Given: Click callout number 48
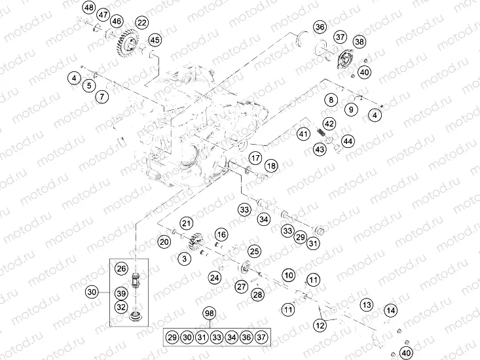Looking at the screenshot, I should pos(89,7).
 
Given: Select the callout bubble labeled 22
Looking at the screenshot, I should pos(141,24).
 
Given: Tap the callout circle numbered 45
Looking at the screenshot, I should pos(155,40).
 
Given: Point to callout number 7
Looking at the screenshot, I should pos(102,97).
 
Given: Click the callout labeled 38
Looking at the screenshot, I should pos(360,42).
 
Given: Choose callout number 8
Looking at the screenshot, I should pos(332,99).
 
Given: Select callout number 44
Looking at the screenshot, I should pos(348,141).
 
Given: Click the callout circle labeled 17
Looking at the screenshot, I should pos(255,158).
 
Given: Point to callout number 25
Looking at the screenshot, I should pos(254,251).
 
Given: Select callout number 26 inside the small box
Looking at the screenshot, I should pos(121,268).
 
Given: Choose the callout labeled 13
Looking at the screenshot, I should pos(367,304).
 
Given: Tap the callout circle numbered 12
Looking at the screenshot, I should pos(320,325).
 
